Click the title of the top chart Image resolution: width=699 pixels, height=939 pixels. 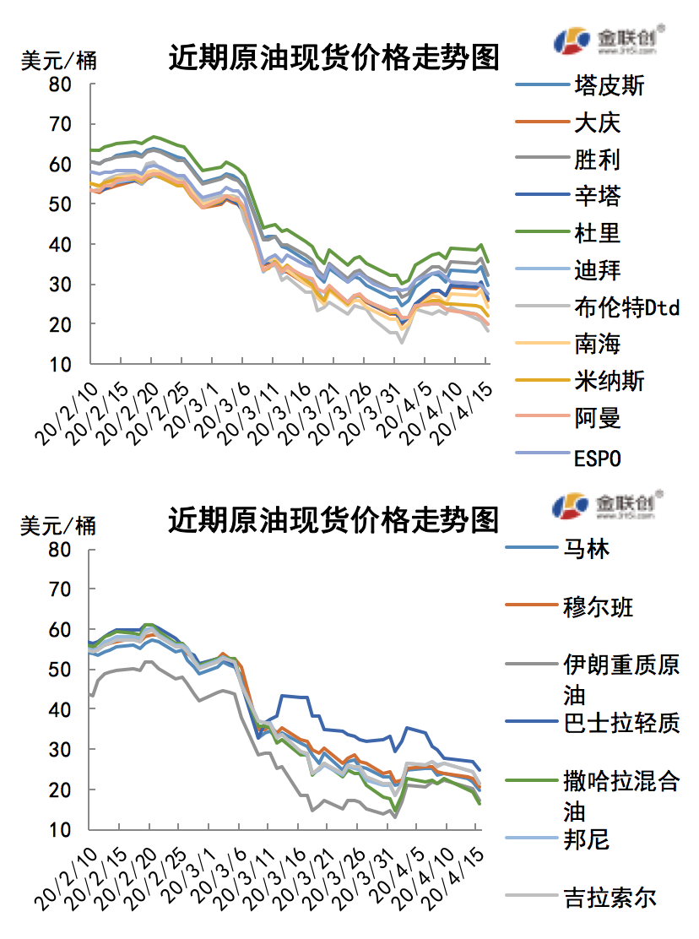[333, 57]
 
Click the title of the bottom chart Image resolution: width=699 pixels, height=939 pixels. [333, 519]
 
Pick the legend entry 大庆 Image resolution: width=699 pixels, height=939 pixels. [597, 122]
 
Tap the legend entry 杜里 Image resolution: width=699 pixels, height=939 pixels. [597, 233]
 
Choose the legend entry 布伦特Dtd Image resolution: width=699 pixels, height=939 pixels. [626, 307]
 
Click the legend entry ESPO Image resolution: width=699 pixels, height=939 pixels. [597, 458]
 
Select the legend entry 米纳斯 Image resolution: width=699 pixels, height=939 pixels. [610, 381]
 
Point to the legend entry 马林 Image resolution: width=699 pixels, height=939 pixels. [586, 550]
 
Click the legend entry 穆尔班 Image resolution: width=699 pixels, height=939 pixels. [598, 607]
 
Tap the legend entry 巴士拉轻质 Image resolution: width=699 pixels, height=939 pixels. [620, 723]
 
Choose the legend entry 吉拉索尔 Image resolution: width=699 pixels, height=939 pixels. [610, 897]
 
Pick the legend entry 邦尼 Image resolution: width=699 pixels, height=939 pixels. [586, 839]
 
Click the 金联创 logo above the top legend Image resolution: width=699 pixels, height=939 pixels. [608, 40]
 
